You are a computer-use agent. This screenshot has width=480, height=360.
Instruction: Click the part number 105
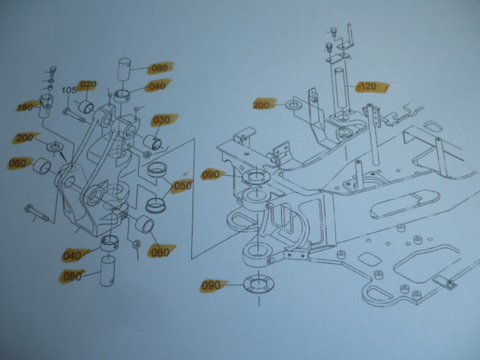pyautogui.click(x=69, y=90)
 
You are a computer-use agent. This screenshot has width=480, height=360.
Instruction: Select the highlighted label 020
pyautogui.click(x=88, y=84)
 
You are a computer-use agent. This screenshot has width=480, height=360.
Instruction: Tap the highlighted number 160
pyautogui.click(x=25, y=107)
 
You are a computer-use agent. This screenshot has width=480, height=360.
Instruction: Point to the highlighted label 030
pyautogui.click(x=162, y=120)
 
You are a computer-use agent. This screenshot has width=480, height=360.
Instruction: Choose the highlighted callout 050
pyautogui.click(x=182, y=185)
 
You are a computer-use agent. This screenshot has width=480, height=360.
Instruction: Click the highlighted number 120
pyautogui.click(x=368, y=86)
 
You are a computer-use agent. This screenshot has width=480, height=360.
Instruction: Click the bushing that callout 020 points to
pyautogui.click(x=86, y=106)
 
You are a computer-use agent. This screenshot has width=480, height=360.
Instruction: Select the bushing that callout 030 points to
pyautogui.click(x=152, y=142)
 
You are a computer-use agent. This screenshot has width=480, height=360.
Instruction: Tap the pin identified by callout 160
pyautogui.click(x=46, y=106)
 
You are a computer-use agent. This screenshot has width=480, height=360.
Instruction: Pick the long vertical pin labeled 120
pyautogui.click(x=342, y=91)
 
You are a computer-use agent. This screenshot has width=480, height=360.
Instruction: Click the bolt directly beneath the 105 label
pyautogui.click(x=75, y=115)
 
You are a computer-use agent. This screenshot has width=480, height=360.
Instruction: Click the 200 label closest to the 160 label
pyautogui.click(x=25, y=138)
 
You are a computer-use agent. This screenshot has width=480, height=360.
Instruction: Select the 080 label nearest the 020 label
pyautogui.click(x=159, y=68)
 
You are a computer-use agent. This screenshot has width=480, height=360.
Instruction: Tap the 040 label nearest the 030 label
pyautogui.click(x=157, y=86)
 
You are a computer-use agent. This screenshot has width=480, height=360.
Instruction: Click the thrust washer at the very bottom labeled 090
pyautogui.click(x=259, y=284)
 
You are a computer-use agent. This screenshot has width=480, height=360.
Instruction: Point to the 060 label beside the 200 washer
pyautogui.click(x=18, y=163)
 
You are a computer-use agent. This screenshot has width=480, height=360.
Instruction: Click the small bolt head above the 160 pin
pyautogui.click(x=53, y=70)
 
